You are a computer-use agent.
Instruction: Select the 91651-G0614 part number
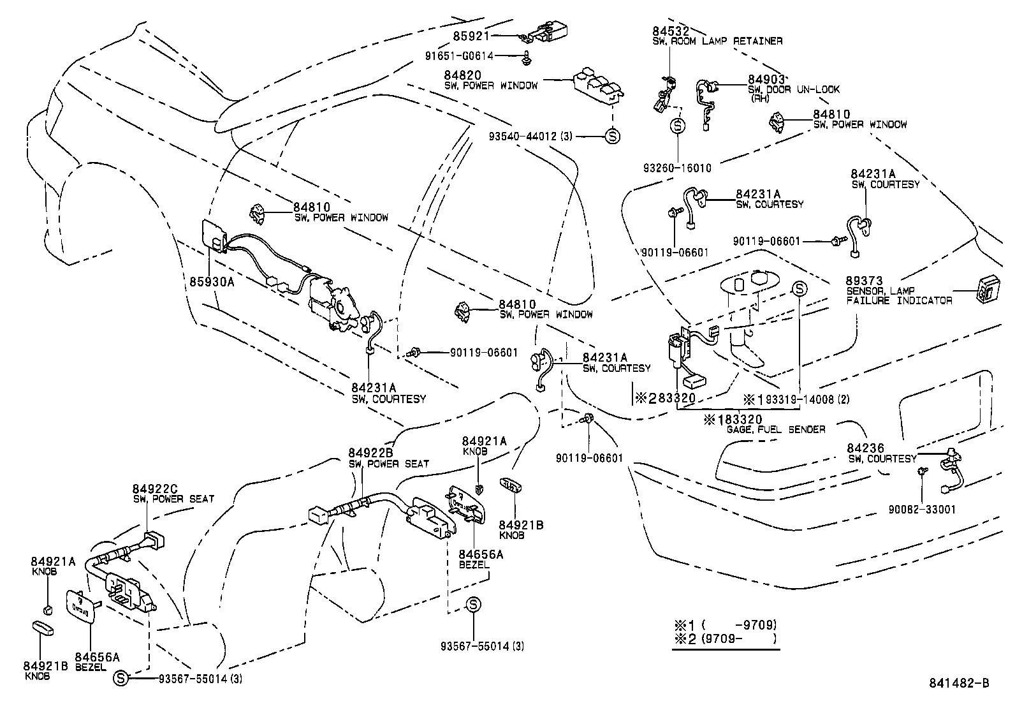pyautogui.click(x=459, y=56)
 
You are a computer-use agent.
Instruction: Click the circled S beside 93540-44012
pyautogui.click(x=611, y=136)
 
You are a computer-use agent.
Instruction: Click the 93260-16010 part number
pyautogui.click(x=677, y=168)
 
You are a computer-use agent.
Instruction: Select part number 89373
pyautogui.click(x=864, y=281)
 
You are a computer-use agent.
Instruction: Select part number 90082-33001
pyautogui.click(x=922, y=510)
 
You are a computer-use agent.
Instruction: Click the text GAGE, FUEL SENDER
pyautogui.click(x=776, y=429)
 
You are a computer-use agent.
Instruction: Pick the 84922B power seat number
pyautogui.click(x=370, y=454)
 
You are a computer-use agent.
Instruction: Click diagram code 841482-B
pyautogui.click(x=959, y=683)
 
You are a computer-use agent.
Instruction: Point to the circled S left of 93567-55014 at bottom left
pyautogui.click(x=120, y=679)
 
